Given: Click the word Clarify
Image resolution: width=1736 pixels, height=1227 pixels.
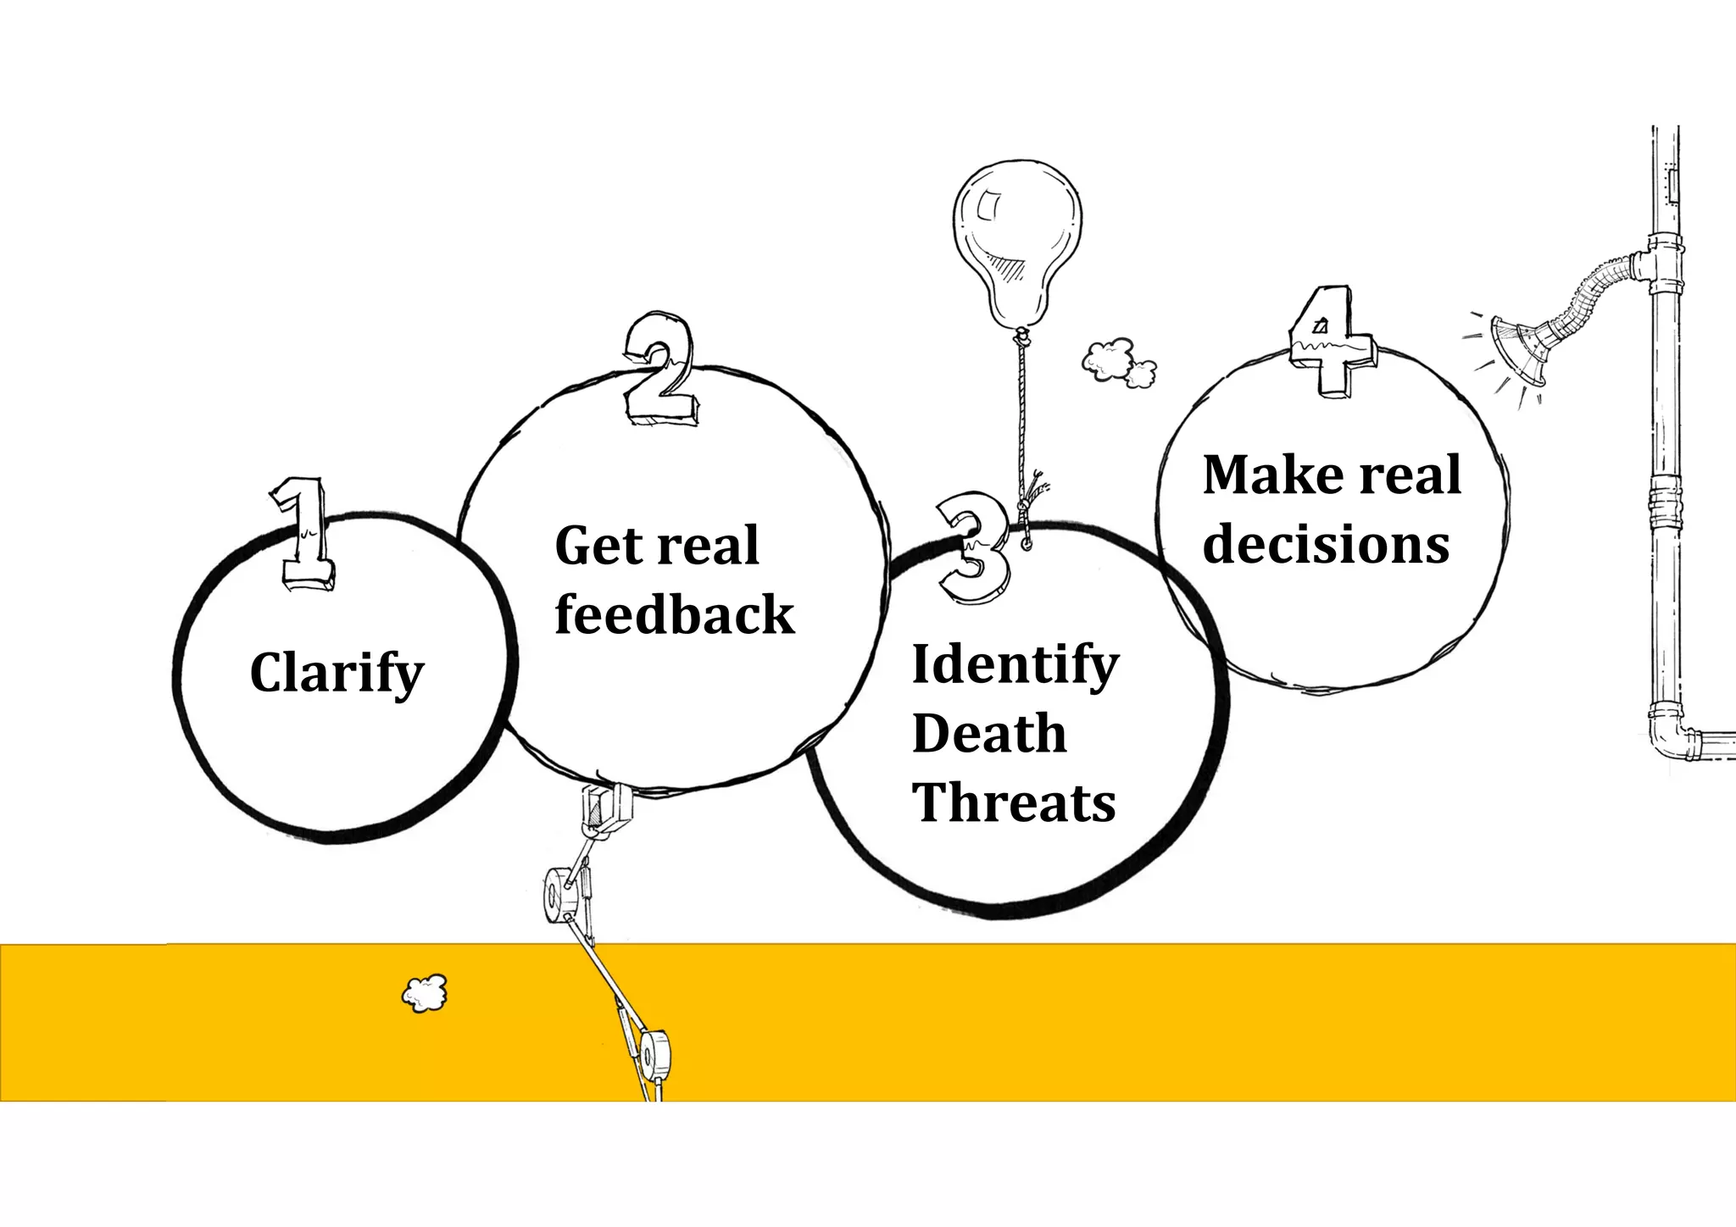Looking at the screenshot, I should point(337,673).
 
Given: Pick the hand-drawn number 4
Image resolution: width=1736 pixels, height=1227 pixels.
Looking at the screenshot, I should point(1330,341).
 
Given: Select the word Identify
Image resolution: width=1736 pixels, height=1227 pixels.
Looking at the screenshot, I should point(1015,665).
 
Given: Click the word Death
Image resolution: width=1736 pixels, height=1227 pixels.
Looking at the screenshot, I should point(989,733).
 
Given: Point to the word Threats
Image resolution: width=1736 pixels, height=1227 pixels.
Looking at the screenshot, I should point(1014,802).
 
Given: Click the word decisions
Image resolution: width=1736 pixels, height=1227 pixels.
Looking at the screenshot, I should point(1326,544).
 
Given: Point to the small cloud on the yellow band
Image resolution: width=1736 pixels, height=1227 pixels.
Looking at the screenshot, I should point(425,994).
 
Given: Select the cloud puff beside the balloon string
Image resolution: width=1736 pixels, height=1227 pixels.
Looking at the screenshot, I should point(1117,362).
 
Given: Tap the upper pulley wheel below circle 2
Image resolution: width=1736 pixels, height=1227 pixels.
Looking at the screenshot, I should point(561,895).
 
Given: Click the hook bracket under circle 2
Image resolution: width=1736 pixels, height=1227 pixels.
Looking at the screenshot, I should point(606,808).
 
